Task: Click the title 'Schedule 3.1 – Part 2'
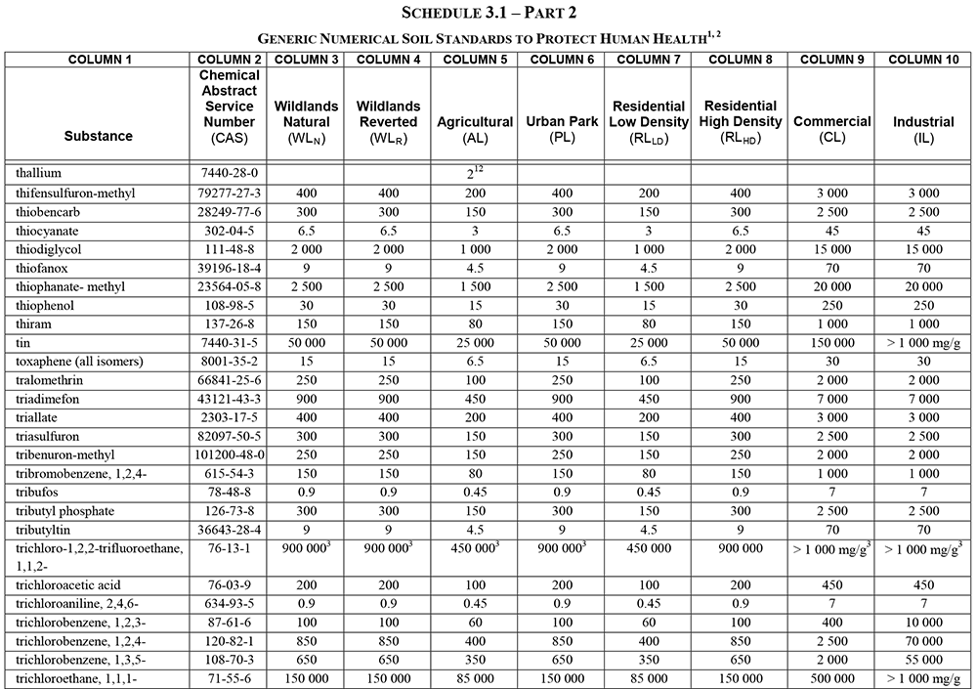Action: click(488, 14)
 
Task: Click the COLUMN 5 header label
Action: click(474, 60)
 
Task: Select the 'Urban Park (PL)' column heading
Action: click(561, 129)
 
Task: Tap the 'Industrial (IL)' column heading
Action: click(923, 129)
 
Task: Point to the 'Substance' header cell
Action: click(99, 136)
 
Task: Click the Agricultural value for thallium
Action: click(474, 172)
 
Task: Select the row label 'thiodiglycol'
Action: click(47, 249)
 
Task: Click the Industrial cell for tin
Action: click(923, 343)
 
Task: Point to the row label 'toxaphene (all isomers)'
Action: click(79, 362)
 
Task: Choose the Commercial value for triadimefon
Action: click(831, 400)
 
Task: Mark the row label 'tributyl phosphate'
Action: click(64, 511)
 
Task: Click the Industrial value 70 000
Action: click(923, 641)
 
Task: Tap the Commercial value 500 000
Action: click(831, 678)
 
